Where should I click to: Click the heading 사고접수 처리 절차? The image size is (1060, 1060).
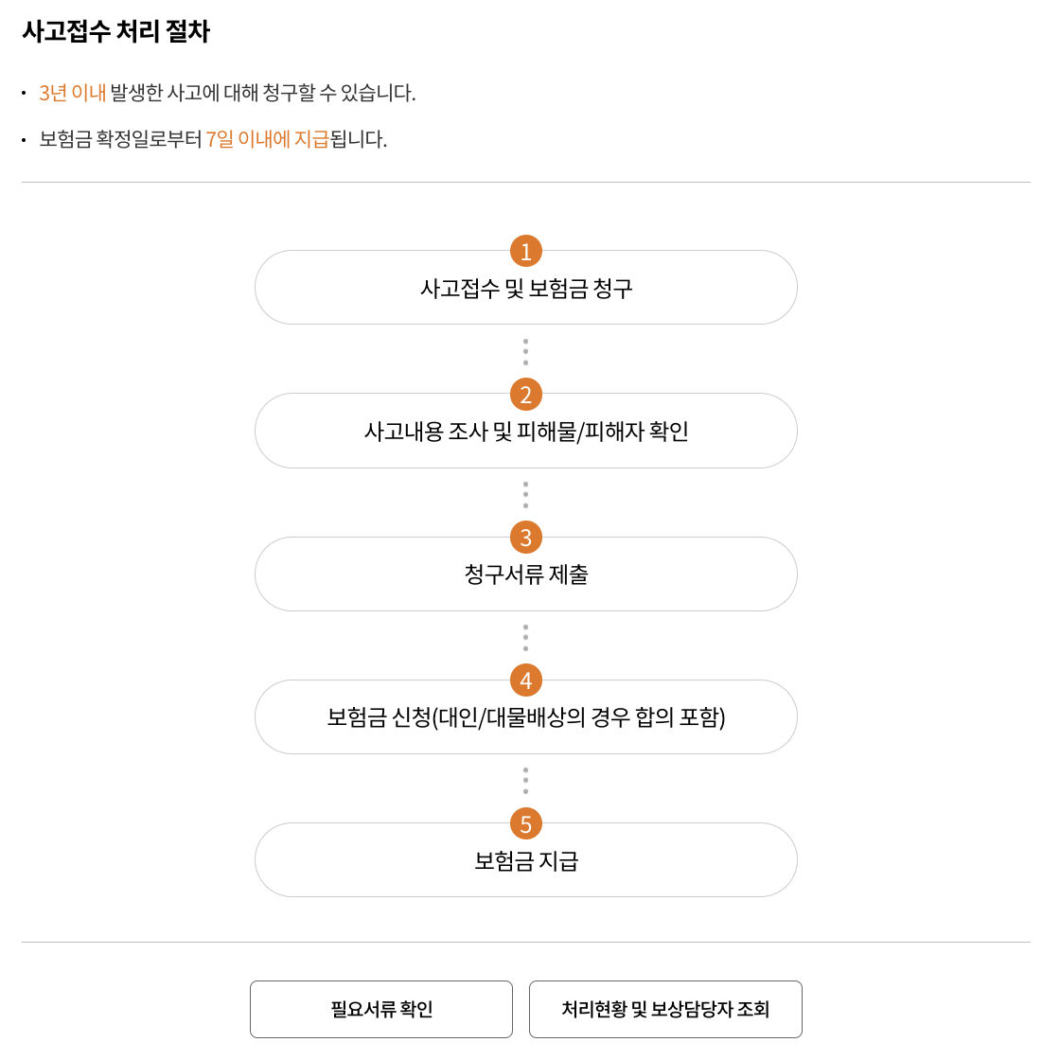115,31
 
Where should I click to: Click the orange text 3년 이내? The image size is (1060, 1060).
72,93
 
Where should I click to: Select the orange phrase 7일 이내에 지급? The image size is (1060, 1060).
267,139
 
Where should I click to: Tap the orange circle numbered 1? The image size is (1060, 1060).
526,252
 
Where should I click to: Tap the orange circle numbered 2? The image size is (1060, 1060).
526,395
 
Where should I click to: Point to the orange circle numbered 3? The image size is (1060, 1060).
526,538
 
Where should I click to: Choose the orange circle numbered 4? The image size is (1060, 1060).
526,680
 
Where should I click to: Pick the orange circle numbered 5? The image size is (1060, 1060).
526,823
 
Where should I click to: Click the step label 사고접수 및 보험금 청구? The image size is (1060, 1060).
526,289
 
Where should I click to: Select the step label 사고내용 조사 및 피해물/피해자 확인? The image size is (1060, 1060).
526,432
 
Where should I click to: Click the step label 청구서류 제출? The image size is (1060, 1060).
526,574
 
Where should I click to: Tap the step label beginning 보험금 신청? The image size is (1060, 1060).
526,717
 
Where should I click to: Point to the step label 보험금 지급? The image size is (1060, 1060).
526,861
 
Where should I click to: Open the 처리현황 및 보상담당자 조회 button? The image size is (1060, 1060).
665,1009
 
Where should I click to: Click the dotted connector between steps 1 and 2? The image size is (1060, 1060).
526,352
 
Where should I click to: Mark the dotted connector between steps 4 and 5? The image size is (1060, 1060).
526,781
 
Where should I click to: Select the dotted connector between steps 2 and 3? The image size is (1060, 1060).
526,495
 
